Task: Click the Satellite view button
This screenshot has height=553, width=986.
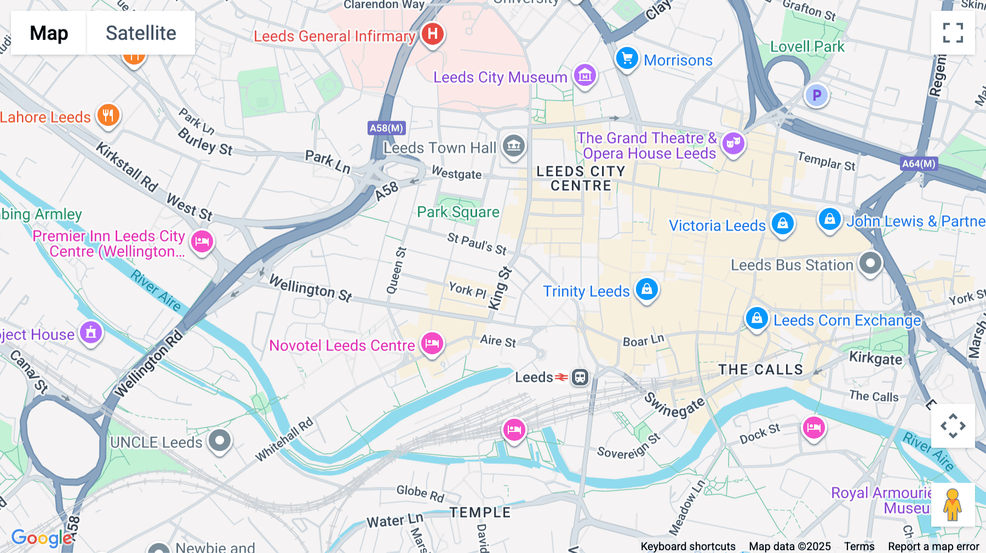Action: pos(141,33)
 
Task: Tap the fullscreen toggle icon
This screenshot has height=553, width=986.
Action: pos(953,33)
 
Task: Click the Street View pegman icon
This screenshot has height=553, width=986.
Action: pos(953,505)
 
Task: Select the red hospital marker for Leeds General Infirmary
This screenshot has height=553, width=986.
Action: pos(433,34)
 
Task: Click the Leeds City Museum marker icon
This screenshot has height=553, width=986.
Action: pos(584,75)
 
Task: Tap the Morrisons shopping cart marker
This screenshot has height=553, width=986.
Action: pos(627,58)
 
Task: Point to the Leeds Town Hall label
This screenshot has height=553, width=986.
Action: pos(439,148)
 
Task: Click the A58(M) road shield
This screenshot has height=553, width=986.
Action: pos(386,128)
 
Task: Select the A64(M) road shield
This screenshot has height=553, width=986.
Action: pos(919,163)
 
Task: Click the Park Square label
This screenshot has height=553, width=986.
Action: pos(458,212)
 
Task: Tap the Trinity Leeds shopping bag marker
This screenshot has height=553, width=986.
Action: pos(646,289)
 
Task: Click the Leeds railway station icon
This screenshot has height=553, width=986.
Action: pos(580,377)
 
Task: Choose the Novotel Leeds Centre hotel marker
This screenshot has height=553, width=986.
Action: pos(432,344)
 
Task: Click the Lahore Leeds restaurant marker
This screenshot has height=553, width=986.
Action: pos(108,115)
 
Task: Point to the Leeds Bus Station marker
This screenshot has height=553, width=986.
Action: pos(870,263)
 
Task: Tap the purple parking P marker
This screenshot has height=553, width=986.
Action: pos(816,95)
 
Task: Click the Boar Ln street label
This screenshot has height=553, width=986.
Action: pos(643,341)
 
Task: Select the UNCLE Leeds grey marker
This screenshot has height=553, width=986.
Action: pos(220,440)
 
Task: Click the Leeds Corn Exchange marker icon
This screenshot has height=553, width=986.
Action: pos(756,318)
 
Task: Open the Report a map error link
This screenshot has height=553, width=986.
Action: pos(933,546)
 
